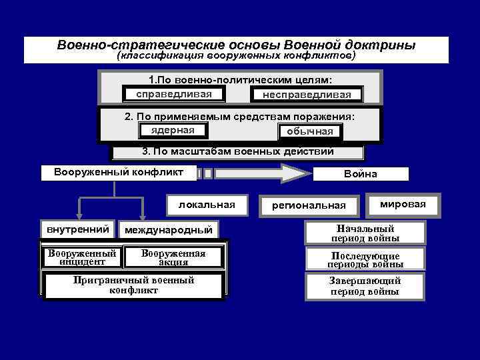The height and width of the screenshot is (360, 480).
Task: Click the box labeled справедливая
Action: pos(173,93)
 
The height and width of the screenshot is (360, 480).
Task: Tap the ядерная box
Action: pos(173,130)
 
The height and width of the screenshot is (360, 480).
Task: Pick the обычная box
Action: pos(309,131)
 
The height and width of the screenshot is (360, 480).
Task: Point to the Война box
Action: pos(361,174)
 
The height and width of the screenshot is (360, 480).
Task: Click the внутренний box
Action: pos(78,229)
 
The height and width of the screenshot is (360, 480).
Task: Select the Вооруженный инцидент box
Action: pos(82,257)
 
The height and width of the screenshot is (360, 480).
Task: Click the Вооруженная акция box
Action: pos(173,257)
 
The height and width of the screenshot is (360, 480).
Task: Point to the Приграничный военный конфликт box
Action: pos(133,285)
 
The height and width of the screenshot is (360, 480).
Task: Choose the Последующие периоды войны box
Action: pos(365,260)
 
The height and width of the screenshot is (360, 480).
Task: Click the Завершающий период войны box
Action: pos(365,287)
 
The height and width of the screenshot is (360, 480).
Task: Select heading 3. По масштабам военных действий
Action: pos(238,151)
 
